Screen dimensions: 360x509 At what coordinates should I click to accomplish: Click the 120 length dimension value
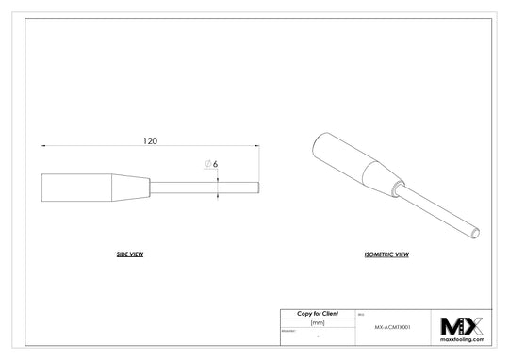[150, 140]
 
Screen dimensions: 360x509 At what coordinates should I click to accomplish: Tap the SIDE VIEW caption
[129, 255]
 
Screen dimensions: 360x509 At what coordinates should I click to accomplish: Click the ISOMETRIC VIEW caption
[386, 255]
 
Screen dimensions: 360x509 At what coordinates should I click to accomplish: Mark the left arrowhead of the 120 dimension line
[44, 146]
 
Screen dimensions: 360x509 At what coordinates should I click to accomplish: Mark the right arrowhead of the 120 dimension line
[257, 146]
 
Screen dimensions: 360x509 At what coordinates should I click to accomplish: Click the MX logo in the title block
[462, 326]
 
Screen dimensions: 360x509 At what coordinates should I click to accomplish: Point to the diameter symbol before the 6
[207, 164]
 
